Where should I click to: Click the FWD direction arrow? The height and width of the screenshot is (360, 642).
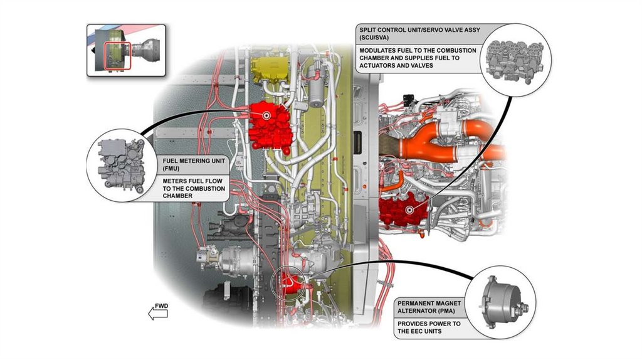pos(158,312)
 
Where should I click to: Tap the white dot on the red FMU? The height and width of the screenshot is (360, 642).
pos(266,116)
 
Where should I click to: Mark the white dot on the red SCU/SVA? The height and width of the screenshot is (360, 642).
pos(410,210)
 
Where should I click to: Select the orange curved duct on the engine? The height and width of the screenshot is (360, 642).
pos(439,141)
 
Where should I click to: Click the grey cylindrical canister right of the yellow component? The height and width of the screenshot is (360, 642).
pos(317,92)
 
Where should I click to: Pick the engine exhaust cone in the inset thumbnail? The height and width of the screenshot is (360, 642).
pos(150,47)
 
